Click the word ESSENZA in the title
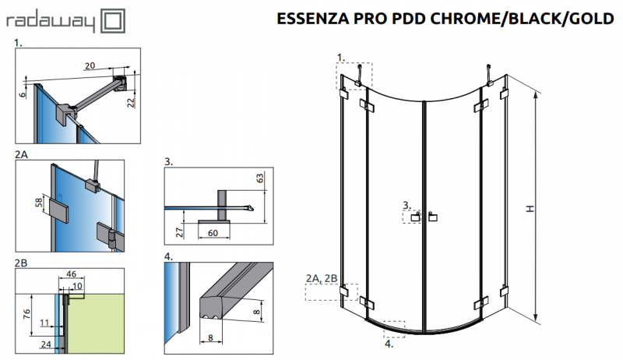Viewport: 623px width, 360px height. [312, 19]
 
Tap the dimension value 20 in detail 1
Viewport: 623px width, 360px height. [90, 65]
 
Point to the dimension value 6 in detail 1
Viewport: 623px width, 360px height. [23, 93]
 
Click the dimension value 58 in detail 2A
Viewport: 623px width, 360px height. [38, 205]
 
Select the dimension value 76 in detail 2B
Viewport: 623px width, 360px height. [24, 314]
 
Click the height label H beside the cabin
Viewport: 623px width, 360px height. [529, 208]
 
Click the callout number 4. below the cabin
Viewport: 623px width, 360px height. [388, 341]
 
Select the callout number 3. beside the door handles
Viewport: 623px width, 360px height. [406, 205]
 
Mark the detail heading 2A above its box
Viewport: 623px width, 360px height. [22, 154]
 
